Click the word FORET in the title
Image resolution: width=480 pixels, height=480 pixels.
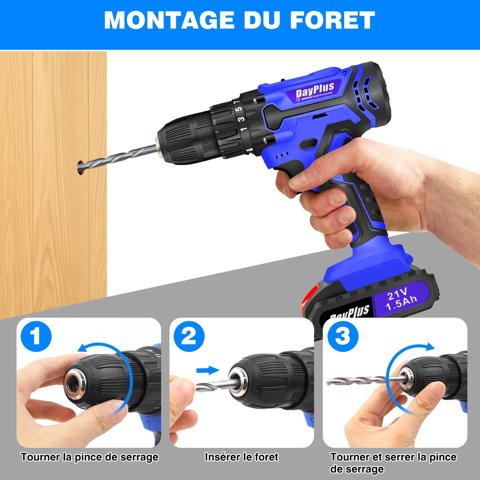pyautogui.click(x=333, y=21)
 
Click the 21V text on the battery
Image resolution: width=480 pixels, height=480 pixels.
pyautogui.click(x=397, y=294)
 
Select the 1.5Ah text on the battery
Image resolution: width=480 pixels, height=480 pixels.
pyautogui.click(x=402, y=303)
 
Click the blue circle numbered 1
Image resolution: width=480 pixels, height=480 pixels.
pyautogui.click(x=36, y=336)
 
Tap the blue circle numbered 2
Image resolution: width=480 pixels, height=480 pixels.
pyautogui.click(x=189, y=336)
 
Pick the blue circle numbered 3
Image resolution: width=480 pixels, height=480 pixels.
pyautogui.click(x=343, y=336)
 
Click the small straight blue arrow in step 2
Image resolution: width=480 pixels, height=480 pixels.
pyautogui.click(x=208, y=370)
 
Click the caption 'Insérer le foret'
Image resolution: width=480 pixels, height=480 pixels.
pyautogui.click(x=241, y=457)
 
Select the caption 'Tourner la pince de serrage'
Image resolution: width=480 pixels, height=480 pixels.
pyautogui.click(x=90, y=457)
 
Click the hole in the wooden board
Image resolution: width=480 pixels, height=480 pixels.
pyautogui.click(x=80, y=167)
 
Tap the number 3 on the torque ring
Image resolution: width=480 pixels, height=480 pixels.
pyautogui.click(x=242, y=119)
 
